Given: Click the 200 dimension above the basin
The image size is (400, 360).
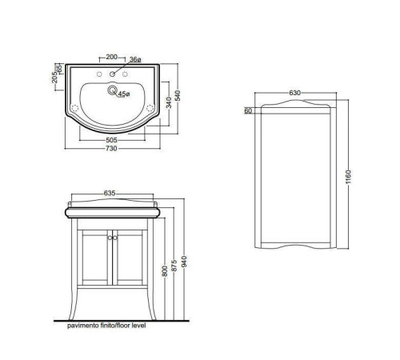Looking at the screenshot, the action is (x=112, y=57).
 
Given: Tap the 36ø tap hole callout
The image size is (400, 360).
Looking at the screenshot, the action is (x=135, y=59).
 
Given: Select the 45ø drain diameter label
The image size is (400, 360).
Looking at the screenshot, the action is (x=124, y=94).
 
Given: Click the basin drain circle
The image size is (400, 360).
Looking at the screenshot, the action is (x=112, y=90).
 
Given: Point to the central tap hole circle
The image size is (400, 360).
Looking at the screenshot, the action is (x=112, y=74).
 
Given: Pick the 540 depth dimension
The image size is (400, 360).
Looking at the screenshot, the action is (x=178, y=96).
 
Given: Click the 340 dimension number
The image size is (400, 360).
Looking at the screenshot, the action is (x=169, y=102).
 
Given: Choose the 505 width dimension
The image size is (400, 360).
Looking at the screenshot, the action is (x=111, y=140).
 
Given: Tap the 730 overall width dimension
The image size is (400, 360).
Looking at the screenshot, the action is (x=111, y=148).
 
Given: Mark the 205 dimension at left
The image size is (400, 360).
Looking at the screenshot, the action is (x=54, y=78).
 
